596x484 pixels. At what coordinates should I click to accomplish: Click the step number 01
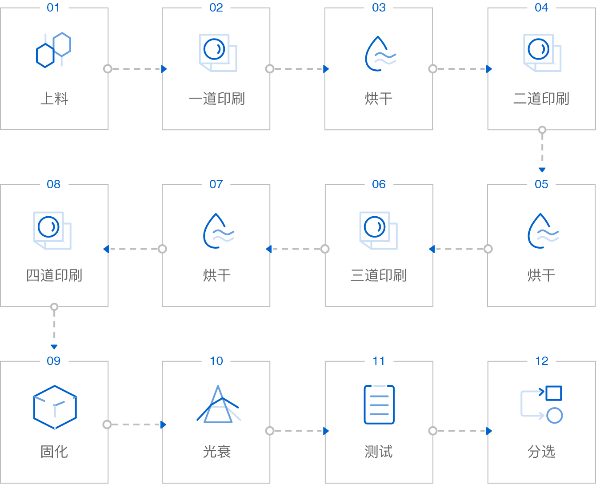[x=53, y=7]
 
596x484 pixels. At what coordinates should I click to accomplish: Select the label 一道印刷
[x=216, y=99]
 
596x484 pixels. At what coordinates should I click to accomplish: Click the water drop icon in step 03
[x=379, y=54]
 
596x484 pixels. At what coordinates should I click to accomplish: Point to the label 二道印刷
[x=541, y=99]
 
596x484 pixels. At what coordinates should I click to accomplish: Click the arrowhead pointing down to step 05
[x=542, y=170]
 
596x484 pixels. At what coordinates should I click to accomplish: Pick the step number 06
[x=379, y=184]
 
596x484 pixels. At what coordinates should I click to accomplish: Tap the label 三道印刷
[x=379, y=275]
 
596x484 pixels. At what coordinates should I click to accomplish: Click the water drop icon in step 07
[x=218, y=231]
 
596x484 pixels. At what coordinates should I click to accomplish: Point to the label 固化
[x=54, y=452]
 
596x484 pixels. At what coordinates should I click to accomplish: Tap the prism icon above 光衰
[x=217, y=405]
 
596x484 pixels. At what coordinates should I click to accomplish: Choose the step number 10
[x=216, y=361]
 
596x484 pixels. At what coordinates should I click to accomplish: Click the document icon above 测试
[x=379, y=405]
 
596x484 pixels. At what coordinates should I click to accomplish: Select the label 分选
[x=541, y=452]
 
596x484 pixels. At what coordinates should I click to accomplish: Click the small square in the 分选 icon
[x=553, y=393]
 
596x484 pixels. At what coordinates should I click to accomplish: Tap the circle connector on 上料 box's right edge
[x=108, y=69]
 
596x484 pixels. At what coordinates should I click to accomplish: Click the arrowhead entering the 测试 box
[x=326, y=431]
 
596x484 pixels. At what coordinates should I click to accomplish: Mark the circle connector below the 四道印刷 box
[x=54, y=307]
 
